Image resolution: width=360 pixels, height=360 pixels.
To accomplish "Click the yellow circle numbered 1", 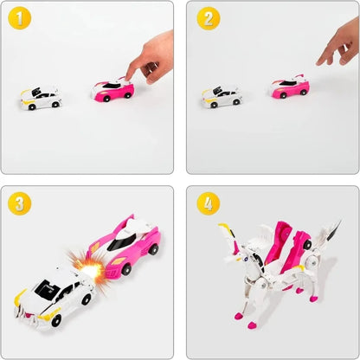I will coord(22,19).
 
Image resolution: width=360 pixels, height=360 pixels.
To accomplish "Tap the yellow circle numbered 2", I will coord(208,19).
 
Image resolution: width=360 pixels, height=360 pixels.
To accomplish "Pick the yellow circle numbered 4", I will coord(208,205).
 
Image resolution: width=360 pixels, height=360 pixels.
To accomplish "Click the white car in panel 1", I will coord(42,97).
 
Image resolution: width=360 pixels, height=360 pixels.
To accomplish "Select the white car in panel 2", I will coord(222,97).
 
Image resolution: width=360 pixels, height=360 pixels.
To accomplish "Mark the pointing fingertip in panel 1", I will coord(128,76).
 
